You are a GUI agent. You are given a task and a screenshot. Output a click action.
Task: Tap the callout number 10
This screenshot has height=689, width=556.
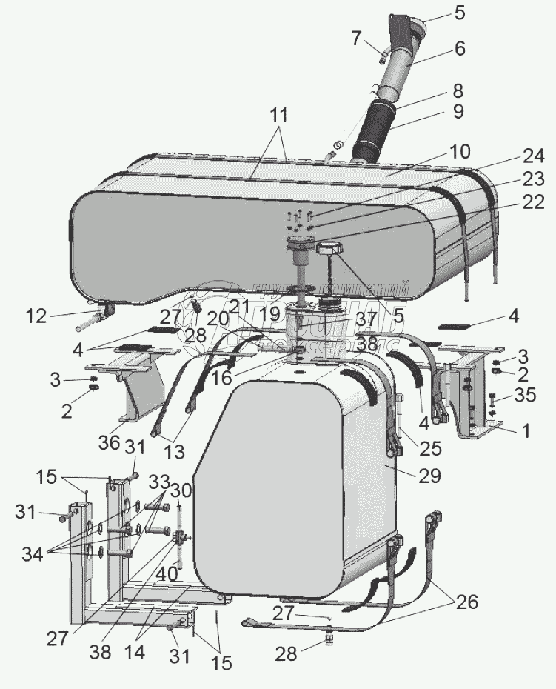459,152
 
